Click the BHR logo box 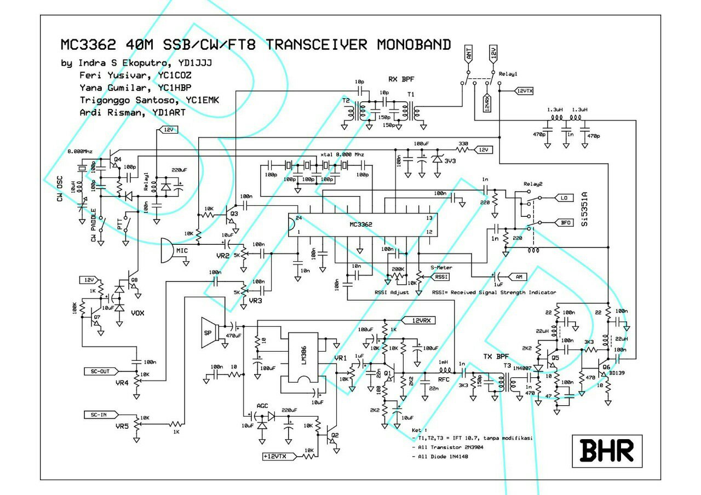(x=607, y=451)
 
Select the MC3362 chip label (x=361, y=225)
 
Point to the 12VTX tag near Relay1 (x=525, y=90)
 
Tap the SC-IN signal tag (x=100, y=414)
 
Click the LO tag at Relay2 (x=564, y=197)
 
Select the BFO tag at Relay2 (x=565, y=223)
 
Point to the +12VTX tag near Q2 (x=278, y=456)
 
